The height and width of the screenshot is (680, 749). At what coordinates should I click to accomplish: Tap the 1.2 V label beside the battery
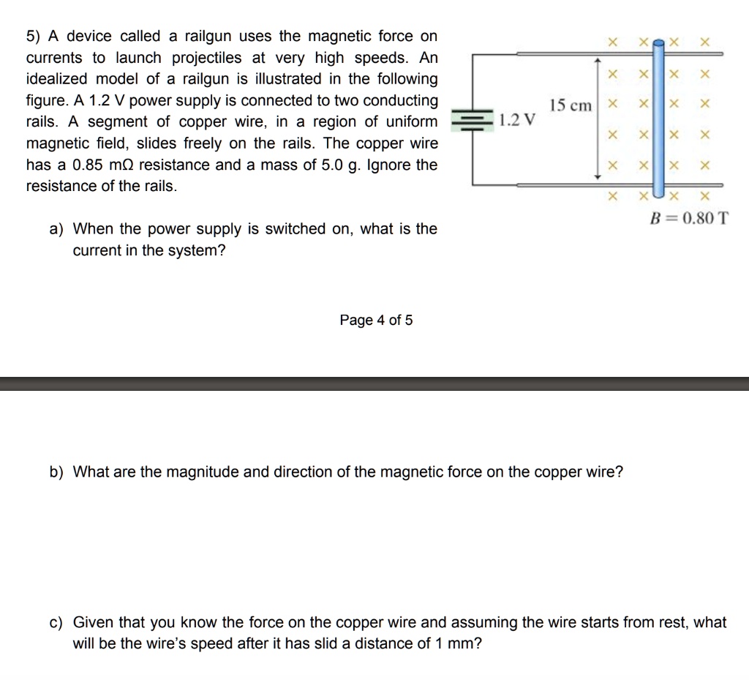pos(516,120)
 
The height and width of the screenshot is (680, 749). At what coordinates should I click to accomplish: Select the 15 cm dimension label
pos(571,105)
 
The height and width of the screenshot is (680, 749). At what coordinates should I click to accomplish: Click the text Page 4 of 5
pos(376,320)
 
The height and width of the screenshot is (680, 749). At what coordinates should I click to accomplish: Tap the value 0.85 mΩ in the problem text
pos(97,165)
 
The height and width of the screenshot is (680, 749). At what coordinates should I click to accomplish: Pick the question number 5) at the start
pos(33,36)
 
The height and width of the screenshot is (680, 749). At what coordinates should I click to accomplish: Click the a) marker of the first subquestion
pos(56,229)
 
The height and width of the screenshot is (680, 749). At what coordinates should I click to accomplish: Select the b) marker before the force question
pos(56,471)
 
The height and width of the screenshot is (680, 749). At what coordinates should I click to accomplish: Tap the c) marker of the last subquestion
pos(56,623)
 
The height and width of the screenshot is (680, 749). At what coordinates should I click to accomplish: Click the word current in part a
pos(99,250)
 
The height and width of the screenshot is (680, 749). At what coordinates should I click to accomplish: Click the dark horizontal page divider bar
pos(374,384)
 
